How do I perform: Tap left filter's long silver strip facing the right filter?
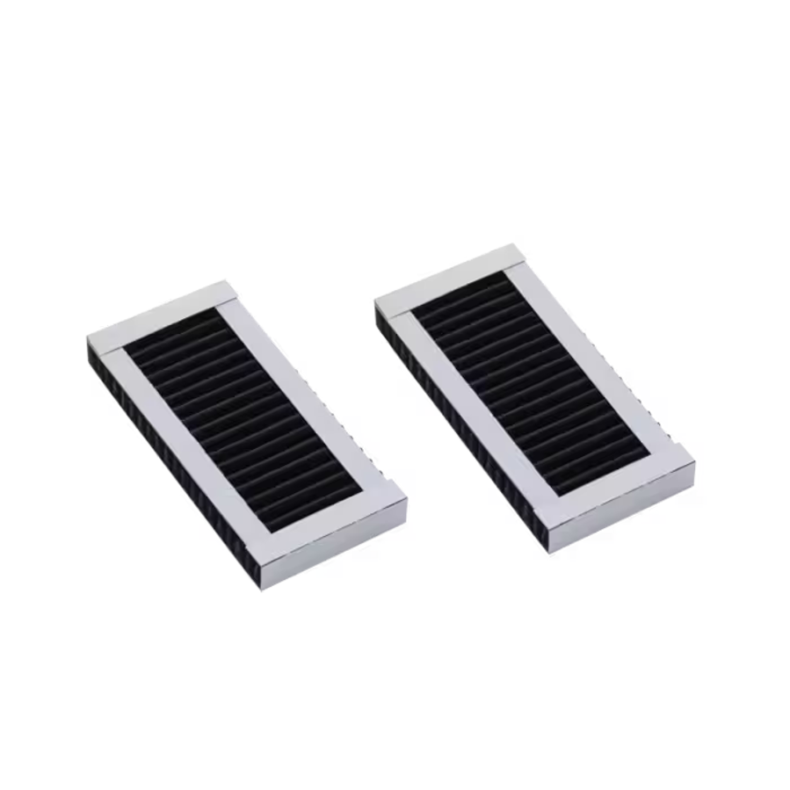click(x=312, y=395)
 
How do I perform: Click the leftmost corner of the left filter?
click(x=88, y=338)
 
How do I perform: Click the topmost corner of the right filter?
click(x=512, y=245)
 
